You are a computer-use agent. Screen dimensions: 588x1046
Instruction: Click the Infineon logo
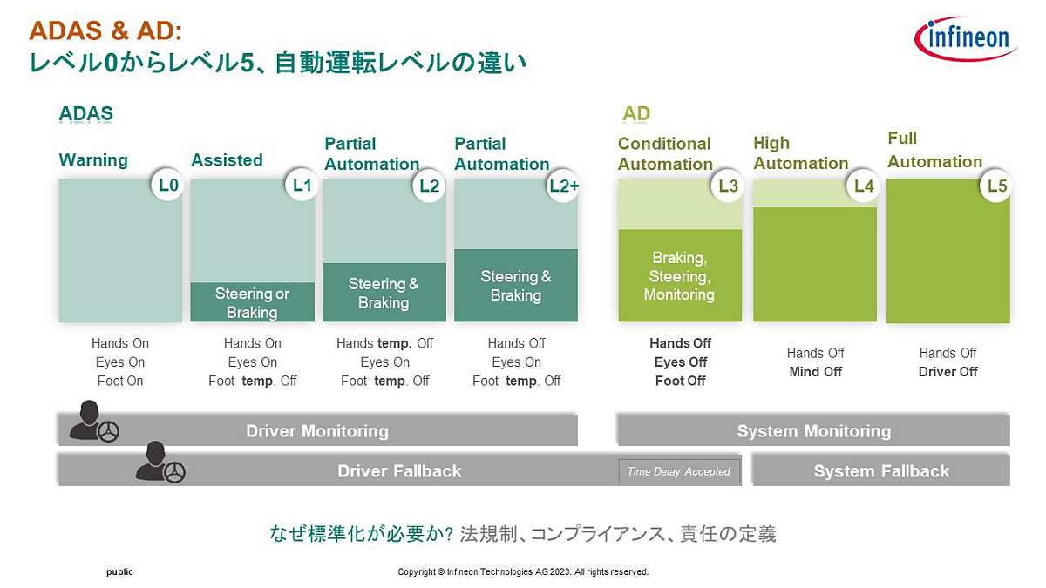[x=965, y=38]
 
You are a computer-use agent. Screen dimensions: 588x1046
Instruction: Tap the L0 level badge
[x=167, y=185]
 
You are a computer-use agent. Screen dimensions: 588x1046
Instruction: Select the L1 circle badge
[x=301, y=185]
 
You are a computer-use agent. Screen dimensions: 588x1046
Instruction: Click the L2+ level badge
[x=563, y=185]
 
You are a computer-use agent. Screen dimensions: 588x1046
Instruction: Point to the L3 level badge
[x=728, y=185]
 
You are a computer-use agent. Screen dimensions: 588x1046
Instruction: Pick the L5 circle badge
[x=996, y=185]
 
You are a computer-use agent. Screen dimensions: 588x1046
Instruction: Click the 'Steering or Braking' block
[x=252, y=302]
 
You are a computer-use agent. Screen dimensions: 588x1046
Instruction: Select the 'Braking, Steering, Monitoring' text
[x=679, y=276]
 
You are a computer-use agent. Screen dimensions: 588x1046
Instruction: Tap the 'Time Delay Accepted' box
[x=679, y=471]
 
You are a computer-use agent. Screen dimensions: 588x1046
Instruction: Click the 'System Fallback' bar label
[x=881, y=471]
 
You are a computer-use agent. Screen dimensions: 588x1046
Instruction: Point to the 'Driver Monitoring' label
[x=317, y=430]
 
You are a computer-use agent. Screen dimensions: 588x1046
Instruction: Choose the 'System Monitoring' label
[x=814, y=430]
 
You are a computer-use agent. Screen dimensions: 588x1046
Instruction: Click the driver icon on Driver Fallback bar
[x=160, y=463]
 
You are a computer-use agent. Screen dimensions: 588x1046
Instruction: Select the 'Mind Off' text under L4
[x=815, y=372]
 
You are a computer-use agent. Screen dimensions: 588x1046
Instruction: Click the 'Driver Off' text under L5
[x=948, y=372]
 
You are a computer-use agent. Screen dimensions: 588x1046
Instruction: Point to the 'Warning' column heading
[x=93, y=160]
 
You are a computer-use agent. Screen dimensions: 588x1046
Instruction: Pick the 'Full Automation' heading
[x=934, y=150]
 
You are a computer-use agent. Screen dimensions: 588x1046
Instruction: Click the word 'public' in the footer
[x=119, y=572]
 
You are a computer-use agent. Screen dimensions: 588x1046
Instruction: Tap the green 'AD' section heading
[x=636, y=114]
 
